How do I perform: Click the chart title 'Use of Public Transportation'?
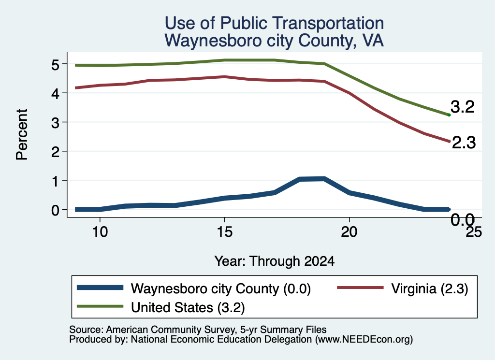point(275,23)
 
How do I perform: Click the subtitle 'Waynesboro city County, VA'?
point(275,41)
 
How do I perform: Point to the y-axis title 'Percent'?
point(22,135)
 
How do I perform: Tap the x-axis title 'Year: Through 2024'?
point(275,261)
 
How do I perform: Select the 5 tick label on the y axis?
point(55,65)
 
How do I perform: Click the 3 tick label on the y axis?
point(55,123)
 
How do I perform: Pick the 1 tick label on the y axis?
point(56,181)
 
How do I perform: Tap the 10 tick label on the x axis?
point(100,232)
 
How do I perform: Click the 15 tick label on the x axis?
point(224,232)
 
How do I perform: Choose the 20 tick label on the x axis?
point(349,232)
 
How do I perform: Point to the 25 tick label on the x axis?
point(474,232)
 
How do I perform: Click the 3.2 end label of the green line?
point(463,107)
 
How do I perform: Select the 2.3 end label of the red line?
point(464,143)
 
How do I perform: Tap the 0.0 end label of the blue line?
point(463,220)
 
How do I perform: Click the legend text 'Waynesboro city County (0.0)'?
point(221,288)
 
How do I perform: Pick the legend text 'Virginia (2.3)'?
point(430,288)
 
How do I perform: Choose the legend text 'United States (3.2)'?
point(188,308)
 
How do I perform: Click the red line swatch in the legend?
point(361,288)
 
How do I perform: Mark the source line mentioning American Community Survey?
point(198,330)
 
